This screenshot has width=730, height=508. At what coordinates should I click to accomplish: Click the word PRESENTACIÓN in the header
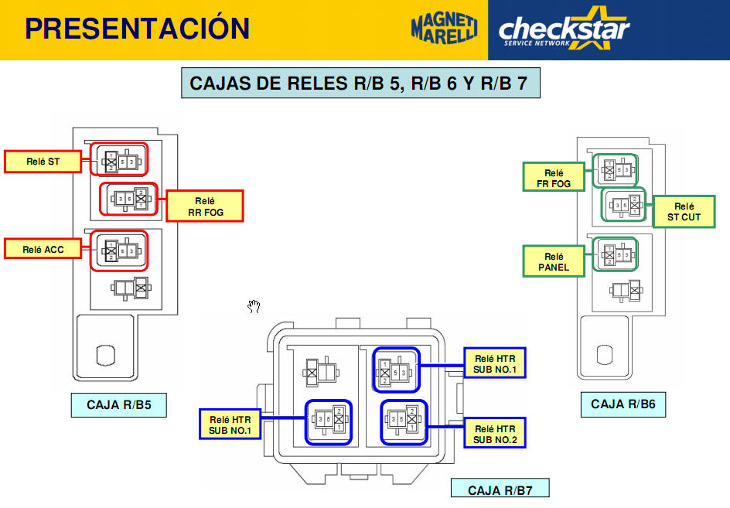(137, 29)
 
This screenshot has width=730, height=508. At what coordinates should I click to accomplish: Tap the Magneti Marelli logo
(444, 29)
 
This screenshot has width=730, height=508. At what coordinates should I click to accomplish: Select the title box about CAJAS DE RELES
(360, 83)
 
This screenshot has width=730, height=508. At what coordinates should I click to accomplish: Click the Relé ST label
(43, 162)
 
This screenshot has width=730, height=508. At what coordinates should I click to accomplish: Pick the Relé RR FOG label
(205, 206)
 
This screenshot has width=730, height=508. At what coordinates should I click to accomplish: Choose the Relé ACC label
(43, 249)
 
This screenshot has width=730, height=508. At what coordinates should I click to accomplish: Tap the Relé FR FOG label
(554, 179)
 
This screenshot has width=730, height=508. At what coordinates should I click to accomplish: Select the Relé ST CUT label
(684, 212)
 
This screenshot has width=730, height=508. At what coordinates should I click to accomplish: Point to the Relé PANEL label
(554, 262)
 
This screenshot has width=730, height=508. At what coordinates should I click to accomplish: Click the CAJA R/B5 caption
(118, 405)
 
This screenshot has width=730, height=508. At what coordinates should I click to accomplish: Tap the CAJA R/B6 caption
(623, 404)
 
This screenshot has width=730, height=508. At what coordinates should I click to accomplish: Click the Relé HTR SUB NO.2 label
(495, 435)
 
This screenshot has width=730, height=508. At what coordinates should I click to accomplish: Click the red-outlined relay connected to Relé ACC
(119, 251)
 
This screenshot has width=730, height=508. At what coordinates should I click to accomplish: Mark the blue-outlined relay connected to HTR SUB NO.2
(404, 421)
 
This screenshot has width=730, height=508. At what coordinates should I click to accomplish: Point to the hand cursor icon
(254, 307)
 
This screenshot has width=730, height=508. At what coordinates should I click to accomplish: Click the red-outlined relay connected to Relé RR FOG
(128, 199)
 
